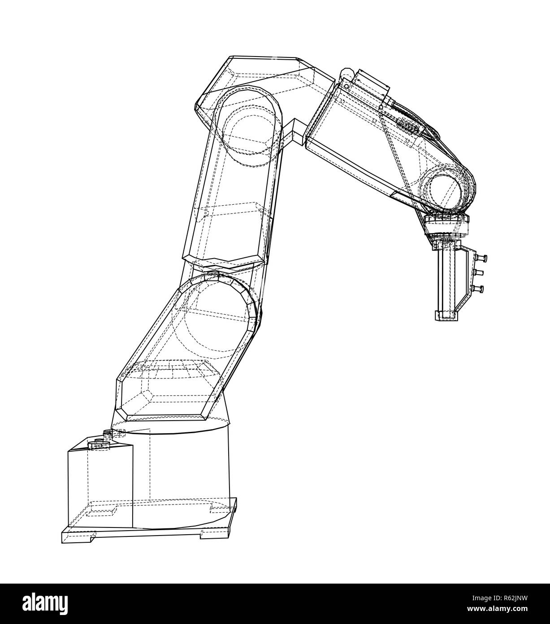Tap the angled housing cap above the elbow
[264, 72]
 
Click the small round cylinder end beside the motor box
[346, 75]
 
